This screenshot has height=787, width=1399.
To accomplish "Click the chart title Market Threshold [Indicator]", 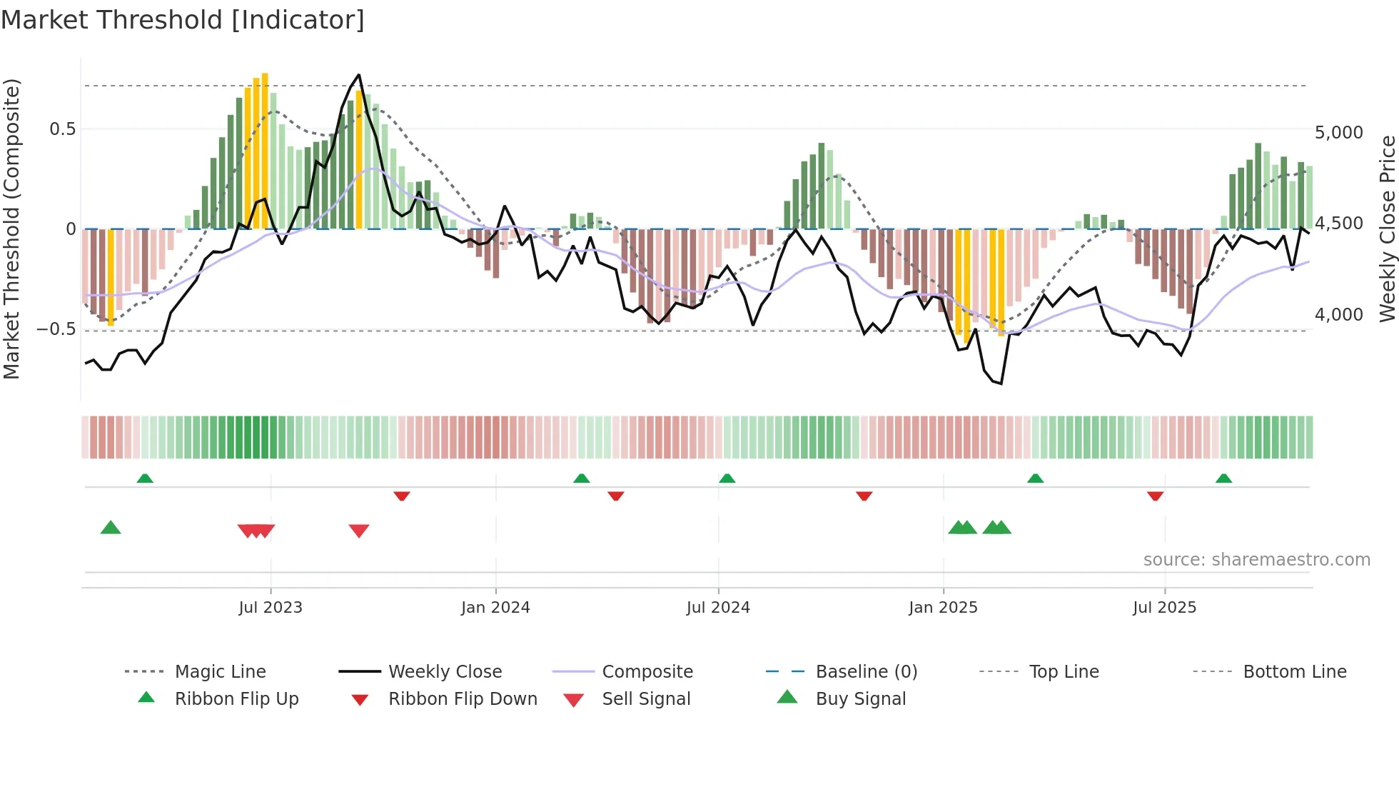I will tap(183, 20).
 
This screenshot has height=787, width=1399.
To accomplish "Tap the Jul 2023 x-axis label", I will tap(271, 608).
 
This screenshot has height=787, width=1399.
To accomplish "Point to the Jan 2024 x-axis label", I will tap(495, 608).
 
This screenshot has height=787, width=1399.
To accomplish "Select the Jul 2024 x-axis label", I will tap(718, 608).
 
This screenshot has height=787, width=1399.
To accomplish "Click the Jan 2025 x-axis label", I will tap(943, 608).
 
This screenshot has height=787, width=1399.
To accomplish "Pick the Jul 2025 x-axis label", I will tap(1164, 608).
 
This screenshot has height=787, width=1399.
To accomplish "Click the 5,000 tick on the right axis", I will tap(1338, 133).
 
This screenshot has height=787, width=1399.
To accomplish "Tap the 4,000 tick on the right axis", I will tap(1338, 315).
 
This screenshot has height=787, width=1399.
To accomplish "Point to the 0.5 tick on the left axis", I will tap(62, 129).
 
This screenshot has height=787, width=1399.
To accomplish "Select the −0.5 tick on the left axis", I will tap(56, 329).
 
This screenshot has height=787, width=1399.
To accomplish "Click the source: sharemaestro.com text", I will tap(1256, 560).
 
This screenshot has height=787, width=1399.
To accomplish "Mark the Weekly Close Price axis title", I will tap(1387, 229).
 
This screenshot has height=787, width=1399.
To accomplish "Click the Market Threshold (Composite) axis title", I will tap(11, 229).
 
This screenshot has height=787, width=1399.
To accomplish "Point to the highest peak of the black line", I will tap(358, 75).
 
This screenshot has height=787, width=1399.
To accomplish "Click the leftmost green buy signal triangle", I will tap(111, 528).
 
